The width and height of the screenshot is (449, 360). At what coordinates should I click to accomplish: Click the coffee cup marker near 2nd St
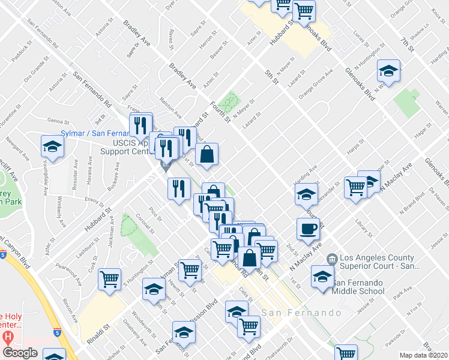[x=308, y=229]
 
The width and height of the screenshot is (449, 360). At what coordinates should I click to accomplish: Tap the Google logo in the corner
[x=20, y=353]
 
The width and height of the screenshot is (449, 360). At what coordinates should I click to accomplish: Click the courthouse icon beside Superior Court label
[x=331, y=259]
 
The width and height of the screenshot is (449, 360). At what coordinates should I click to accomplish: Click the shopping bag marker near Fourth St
[x=206, y=154]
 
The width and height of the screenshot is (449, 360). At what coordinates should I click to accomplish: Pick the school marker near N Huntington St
[x=388, y=71]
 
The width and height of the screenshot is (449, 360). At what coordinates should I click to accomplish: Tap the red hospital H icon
[x=7, y=337]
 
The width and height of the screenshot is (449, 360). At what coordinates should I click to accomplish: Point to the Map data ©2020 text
[x=423, y=355]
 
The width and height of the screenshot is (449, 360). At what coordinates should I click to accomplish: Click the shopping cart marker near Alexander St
[x=355, y=187]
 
